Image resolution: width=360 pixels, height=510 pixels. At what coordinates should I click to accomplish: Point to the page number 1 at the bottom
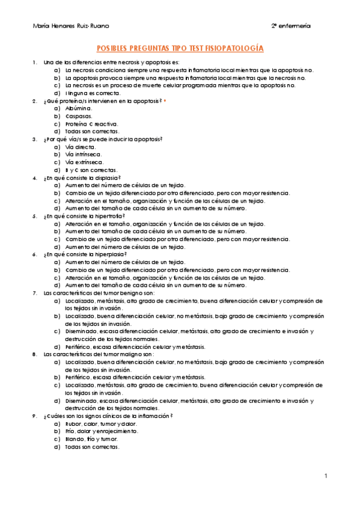click(x=325, y=476)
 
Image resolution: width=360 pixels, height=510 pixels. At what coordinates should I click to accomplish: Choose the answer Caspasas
click(x=79, y=116)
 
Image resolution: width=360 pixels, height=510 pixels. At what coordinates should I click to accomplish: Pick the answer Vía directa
click(x=80, y=147)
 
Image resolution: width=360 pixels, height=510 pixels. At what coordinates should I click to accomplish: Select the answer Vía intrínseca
click(x=84, y=155)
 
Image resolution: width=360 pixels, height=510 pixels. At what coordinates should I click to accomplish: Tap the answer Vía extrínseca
click(x=84, y=162)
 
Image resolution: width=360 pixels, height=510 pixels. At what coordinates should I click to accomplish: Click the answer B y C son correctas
click(x=91, y=170)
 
